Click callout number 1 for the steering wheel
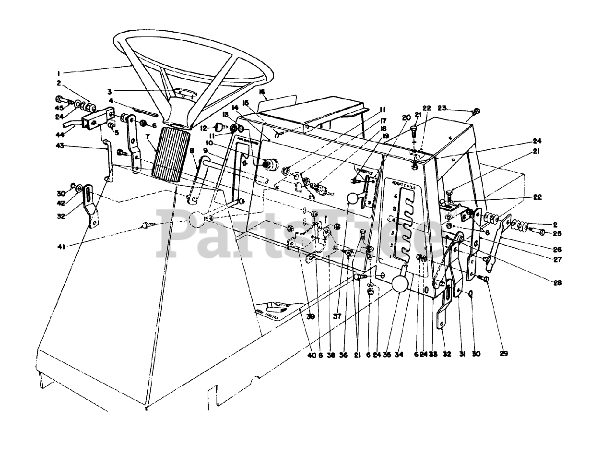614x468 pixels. [x=58, y=73]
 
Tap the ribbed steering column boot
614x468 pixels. [x=169, y=152]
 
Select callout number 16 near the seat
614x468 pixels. [x=262, y=91]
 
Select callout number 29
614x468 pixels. [x=503, y=354]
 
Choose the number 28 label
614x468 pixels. [x=557, y=283]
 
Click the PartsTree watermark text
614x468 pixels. [x=307, y=234]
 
